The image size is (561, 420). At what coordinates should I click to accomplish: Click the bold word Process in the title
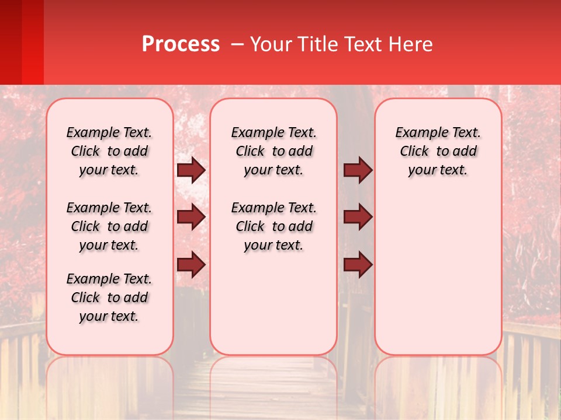click(x=181, y=44)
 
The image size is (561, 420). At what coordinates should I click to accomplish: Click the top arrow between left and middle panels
click(x=191, y=170)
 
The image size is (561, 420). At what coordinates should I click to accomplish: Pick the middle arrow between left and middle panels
click(x=191, y=217)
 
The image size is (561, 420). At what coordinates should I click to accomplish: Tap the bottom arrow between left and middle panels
click(x=191, y=265)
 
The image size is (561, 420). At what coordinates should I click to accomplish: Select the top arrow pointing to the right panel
click(x=358, y=170)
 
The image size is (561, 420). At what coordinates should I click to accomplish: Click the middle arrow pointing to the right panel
click(x=358, y=217)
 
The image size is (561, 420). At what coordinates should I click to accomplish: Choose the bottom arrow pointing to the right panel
click(x=358, y=265)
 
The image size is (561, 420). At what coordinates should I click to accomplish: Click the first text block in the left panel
click(x=109, y=151)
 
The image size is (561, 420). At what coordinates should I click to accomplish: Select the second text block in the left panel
click(x=109, y=226)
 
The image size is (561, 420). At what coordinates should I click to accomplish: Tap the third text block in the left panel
click(x=109, y=297)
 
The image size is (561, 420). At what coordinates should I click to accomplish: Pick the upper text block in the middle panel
click(x=274, y=151)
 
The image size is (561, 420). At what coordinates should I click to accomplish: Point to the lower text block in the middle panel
click(x=274, y=226)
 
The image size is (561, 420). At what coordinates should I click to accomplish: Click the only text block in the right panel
click(x=438, y=151)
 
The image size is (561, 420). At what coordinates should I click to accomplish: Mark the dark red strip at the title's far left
click(x=11, y=42)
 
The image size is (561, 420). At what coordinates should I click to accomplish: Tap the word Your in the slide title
click(x=271, y=44)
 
